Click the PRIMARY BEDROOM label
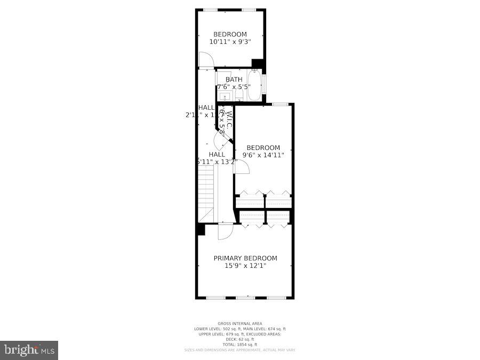point(245,258)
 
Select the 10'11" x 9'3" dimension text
point(230,41)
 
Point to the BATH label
point(234,79)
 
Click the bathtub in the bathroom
point(254,86)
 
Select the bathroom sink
point(225,97)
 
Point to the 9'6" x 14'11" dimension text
point(263,155)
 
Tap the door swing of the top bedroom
point(205,60)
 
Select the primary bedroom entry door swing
point(225,231)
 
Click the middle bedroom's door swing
point(241,166)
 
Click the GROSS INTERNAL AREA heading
point(240,324)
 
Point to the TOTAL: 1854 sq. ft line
point(240,345)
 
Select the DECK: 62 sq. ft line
point(240,339)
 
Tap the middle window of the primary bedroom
point(245,297)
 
